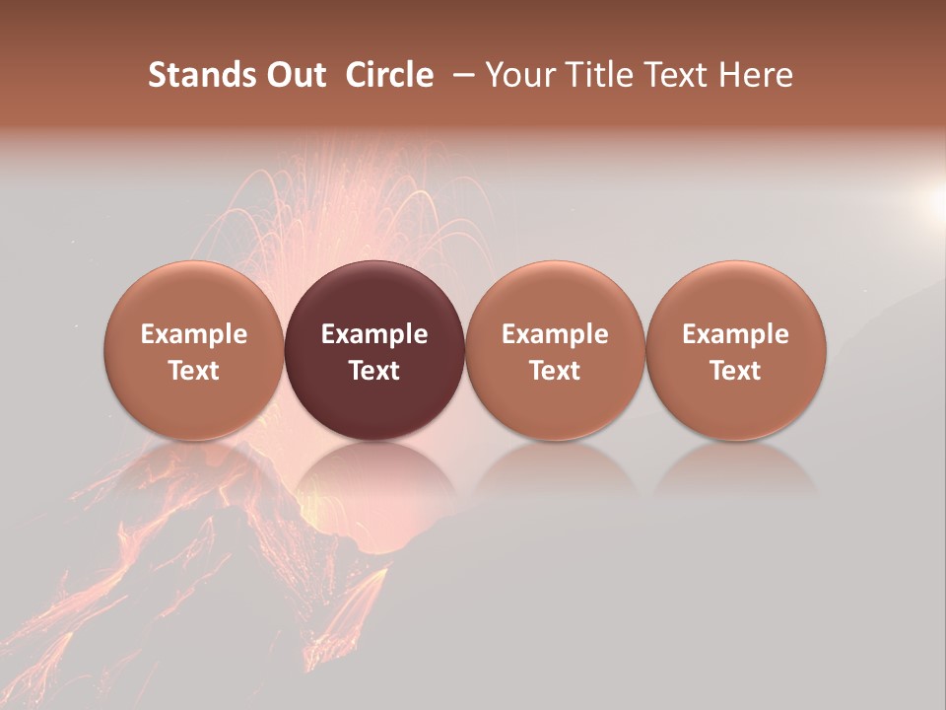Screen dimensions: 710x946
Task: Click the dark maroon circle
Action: pos(374,350)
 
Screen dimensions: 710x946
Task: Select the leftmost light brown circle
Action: pos(194,350)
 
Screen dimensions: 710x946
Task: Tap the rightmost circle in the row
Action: pos(735,350)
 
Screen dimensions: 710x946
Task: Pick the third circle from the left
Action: pos(555,350)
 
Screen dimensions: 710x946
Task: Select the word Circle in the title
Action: pos(389,75)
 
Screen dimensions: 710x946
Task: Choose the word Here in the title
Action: pos(757,75)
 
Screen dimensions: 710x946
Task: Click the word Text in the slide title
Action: pos(676,75)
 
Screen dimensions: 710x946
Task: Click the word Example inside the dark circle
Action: pos(374,335)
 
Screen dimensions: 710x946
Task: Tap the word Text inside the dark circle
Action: pos(374,371)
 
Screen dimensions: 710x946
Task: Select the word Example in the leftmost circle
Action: pos(194,335)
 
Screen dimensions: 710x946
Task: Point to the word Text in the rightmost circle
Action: pos(735,371)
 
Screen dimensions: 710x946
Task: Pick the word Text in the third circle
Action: pos(555,371)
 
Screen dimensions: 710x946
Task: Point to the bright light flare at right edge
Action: pos(934,201)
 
